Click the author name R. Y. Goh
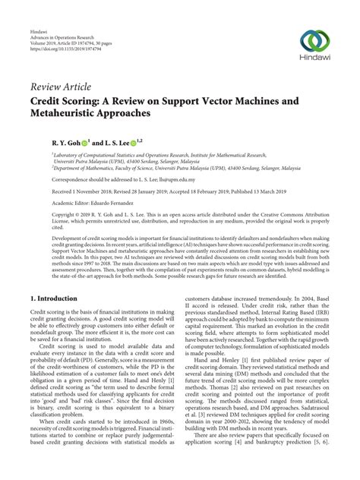[47, 141]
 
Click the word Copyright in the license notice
[45, 216]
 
